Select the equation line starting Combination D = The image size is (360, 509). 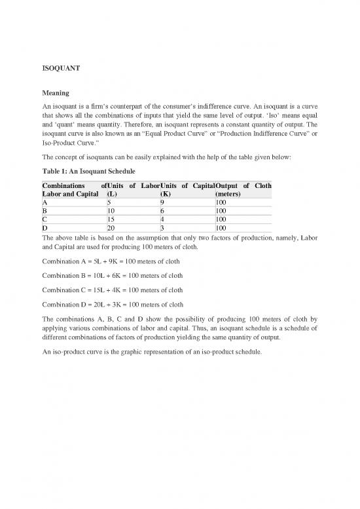click(x=115, y=304)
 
